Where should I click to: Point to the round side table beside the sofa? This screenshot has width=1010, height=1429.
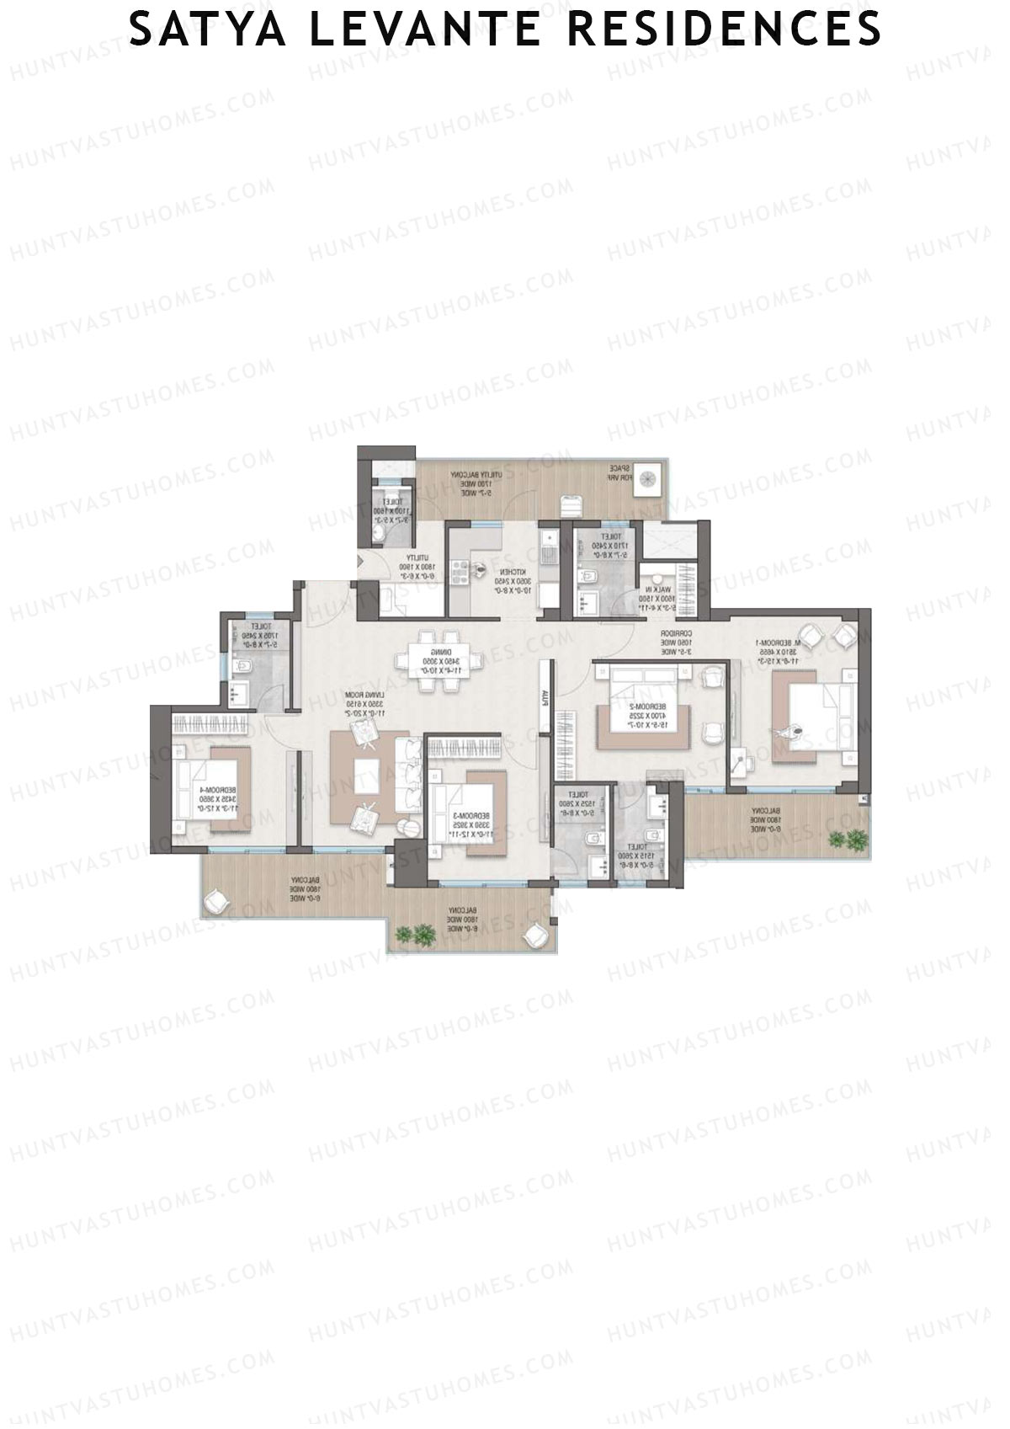click(406, 829)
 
